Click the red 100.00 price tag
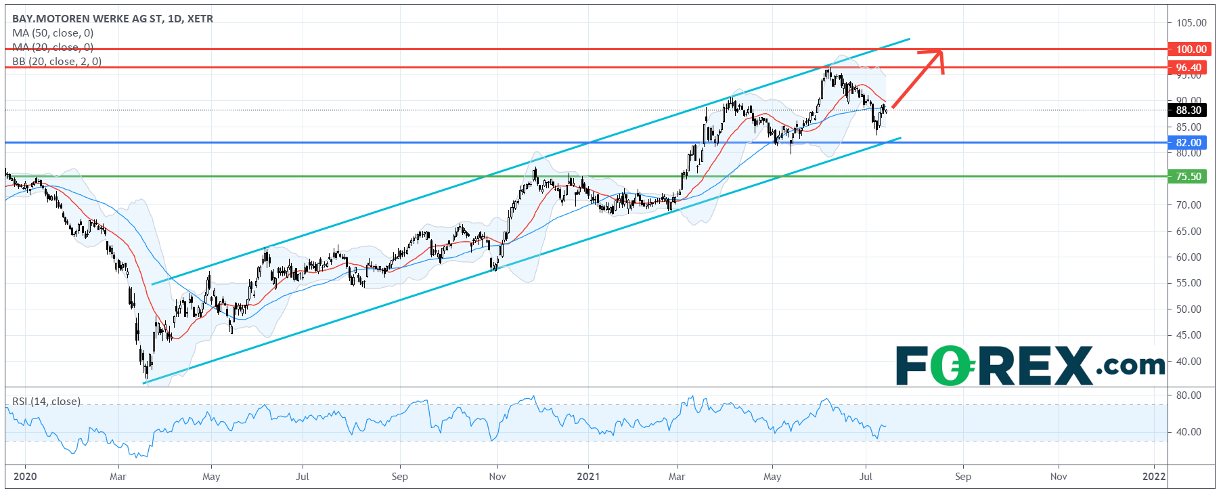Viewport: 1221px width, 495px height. [x=1191, y=49]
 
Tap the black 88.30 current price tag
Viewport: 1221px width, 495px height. [x=1188, y=110]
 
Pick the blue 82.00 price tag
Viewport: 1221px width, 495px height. [x=1188, y=142]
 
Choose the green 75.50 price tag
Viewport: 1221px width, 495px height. [x=1188, y=176]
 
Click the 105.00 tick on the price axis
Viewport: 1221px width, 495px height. [x=1191, y=22]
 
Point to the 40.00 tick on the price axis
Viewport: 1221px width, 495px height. [x=1189, y=361]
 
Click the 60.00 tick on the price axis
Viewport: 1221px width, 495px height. [x=1189, y=257]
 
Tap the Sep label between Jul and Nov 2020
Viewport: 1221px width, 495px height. [x=399, y=476]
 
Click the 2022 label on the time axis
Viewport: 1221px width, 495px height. [x=1154, y=476]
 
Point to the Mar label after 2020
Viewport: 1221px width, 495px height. [x=118, y=476]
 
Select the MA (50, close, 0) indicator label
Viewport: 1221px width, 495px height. [x=53, y=33]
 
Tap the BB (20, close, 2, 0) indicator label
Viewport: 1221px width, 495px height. [x=57, y=62]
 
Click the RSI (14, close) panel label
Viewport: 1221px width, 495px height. [x=46, y=402]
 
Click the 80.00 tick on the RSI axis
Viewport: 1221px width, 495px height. [x=1189, y=395]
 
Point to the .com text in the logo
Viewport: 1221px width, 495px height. [x=1130, y=366]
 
